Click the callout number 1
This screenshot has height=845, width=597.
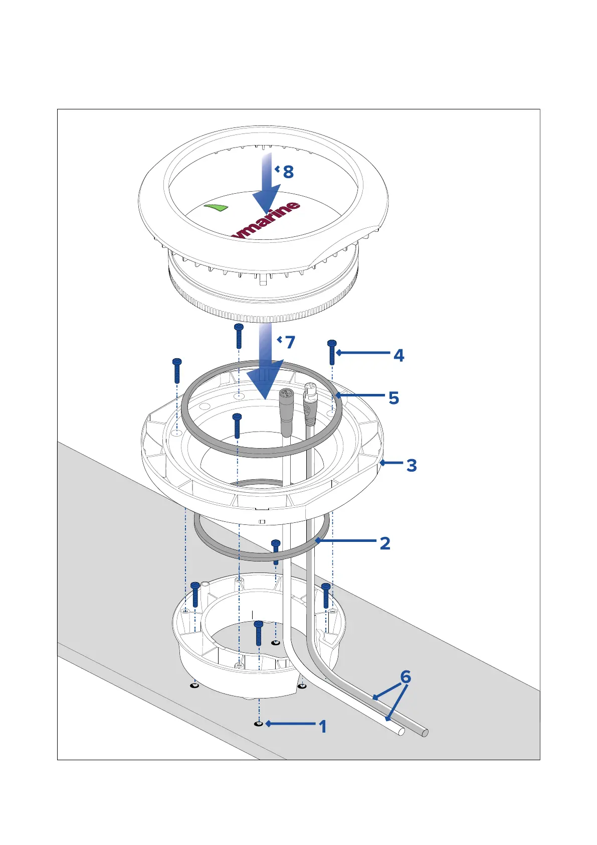pyautogui.click(x=323, y=726)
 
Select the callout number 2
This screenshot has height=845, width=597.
pyautogui.click(x=385, y=543)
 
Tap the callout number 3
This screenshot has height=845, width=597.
pyautogui.click(x=412, y=465)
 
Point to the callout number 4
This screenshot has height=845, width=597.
pyautogui.click(x=399, y=355)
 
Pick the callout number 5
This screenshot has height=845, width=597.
pyautogui.click(x=394, y=398)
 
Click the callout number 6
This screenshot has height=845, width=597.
pyautogui.click(x=406, y=677)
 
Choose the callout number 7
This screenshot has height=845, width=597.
pyautogui.click(x=290, y=342)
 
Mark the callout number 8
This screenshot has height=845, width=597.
pyautogui.click(x=288, y=172)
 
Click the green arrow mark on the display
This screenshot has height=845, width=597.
pyautogui.click(x=217, y=207)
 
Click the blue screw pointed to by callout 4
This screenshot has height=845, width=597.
pyautogui.click(x=331, y=352)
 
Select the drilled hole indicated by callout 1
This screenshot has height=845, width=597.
pyautogui.click(x=259, y=724)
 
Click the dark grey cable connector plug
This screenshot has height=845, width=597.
pyautogui.click(x=286, y=411)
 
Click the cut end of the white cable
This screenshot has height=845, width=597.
pyautogui.click(x=401, y=732)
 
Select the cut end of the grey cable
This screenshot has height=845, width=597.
pyautogui.click(x=425, y=733)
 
